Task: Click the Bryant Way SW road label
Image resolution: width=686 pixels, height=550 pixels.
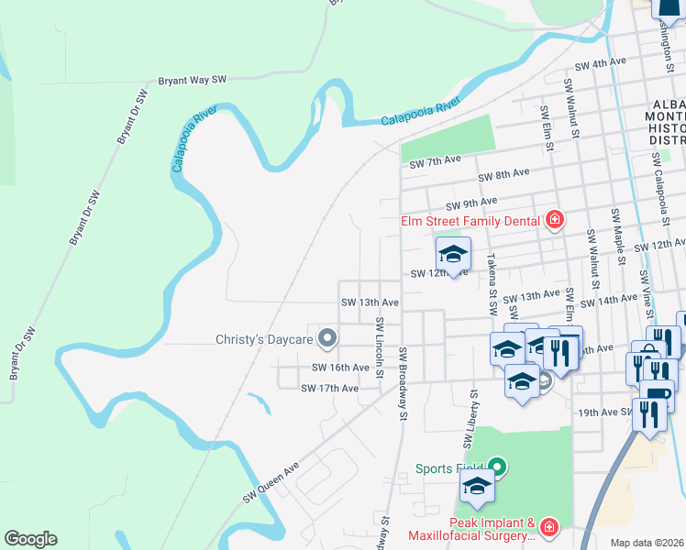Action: (x=193, y=81)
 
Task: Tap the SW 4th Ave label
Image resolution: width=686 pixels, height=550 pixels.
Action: (x=600, y=63)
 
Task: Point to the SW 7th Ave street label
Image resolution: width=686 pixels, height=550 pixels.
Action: (x=435, y=162)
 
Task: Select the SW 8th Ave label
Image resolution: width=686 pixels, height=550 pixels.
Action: (x=504, y=172)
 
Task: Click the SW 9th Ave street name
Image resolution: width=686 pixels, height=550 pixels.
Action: (x=471, y=202)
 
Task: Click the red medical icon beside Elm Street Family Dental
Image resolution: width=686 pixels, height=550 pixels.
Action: (x=553, y=219)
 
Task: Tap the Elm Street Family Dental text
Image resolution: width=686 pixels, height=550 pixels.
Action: (x=470, y=220)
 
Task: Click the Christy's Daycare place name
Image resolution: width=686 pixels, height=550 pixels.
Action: (x=265, y=339)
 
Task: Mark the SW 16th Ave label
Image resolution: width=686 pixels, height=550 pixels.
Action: (x=340, y=367)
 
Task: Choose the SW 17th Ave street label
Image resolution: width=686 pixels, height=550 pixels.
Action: (x=329, y=389)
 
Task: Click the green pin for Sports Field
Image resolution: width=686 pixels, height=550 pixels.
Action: (x=497, y=467)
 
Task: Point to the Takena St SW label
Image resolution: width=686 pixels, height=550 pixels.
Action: (x=492, y=280)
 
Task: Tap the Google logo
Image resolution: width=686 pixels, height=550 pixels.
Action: (x=30, y=539)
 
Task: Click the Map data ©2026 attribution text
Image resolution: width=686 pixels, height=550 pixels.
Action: (x=647, y=543)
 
